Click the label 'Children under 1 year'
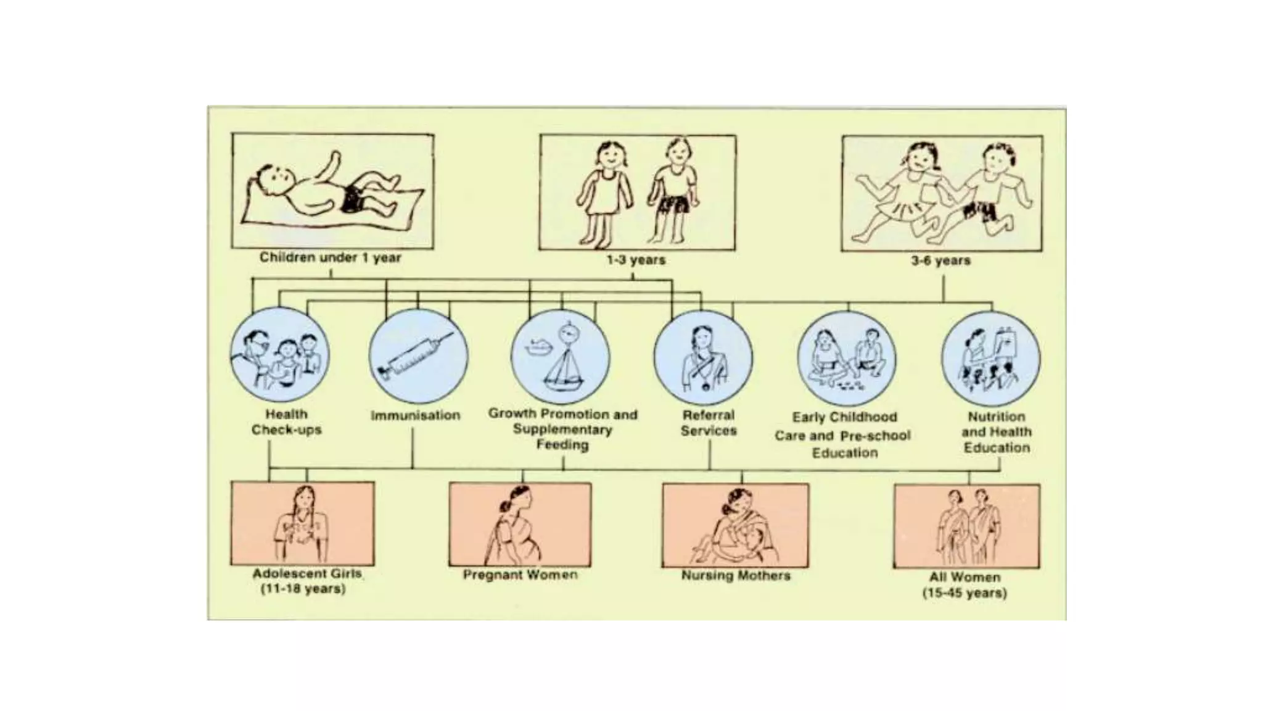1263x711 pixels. [x=330, y=257]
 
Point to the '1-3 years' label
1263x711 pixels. [x=636, y=260]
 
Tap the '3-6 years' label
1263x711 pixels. [x=940, y=260]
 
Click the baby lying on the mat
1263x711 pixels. [x=327, y=191]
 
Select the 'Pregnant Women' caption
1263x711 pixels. [x=520, y=575]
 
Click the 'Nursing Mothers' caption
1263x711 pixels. [x=735, y=576]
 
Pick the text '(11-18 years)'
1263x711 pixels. [x=303, y=589]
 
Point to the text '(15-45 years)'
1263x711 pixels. [x=965, y=593]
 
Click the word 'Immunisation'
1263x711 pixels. [x=415, y=415]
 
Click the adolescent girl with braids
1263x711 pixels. [x=302, y=525]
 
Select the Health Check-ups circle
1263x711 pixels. [x=279, y=356]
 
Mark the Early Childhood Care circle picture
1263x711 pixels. [x=846, y=358]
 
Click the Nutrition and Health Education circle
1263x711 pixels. [x=990, y=359]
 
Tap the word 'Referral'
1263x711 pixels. [x=708, y=415]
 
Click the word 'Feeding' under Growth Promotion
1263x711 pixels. [x=562, y=444]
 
